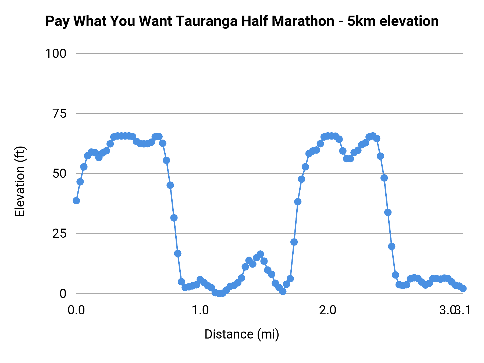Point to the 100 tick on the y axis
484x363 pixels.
point(56,54)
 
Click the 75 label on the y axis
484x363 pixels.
point(59,113)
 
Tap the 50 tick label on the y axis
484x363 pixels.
point(59,173)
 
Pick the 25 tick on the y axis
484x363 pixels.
point(59,233)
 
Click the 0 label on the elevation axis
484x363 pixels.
point(63,294)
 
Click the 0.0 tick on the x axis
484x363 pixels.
point(76,310)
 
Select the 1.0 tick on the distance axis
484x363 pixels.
point(200,310)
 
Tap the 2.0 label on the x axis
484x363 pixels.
point(328,310)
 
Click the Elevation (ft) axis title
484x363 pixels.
point(20,181)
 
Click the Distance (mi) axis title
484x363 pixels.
point(242,334)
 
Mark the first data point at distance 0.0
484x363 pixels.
point(76,201)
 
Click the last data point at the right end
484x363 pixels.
point(463,289)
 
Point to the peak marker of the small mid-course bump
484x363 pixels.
point(260,254)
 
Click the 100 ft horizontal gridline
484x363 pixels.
point(269,54)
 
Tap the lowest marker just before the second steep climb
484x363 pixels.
point(283,291)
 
